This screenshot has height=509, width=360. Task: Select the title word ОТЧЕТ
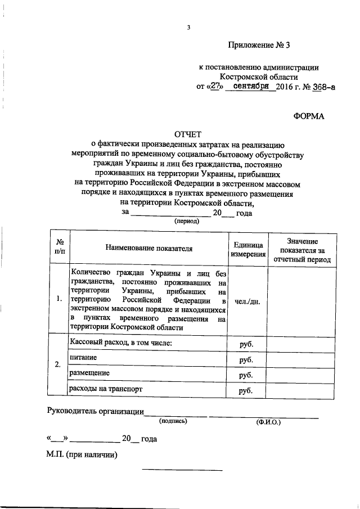189,134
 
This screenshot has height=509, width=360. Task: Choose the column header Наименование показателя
148,247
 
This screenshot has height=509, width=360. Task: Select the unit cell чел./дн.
247,300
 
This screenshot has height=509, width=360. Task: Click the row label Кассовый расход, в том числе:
120,343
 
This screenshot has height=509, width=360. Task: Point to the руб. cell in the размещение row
246,374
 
